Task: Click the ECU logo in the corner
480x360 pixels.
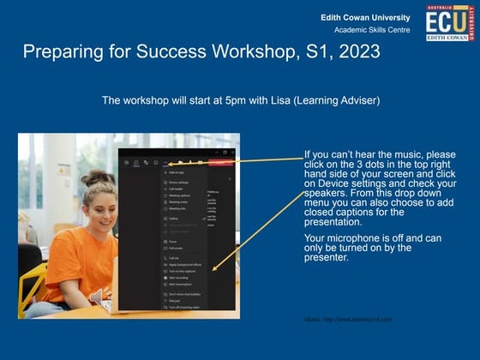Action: tap(448, 23)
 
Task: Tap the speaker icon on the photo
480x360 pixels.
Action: tap(97, 296)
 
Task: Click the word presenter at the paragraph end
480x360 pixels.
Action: tap(327, 258)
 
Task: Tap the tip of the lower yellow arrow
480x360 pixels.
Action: tap(213, 271)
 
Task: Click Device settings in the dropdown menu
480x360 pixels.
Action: tap(179, 183)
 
